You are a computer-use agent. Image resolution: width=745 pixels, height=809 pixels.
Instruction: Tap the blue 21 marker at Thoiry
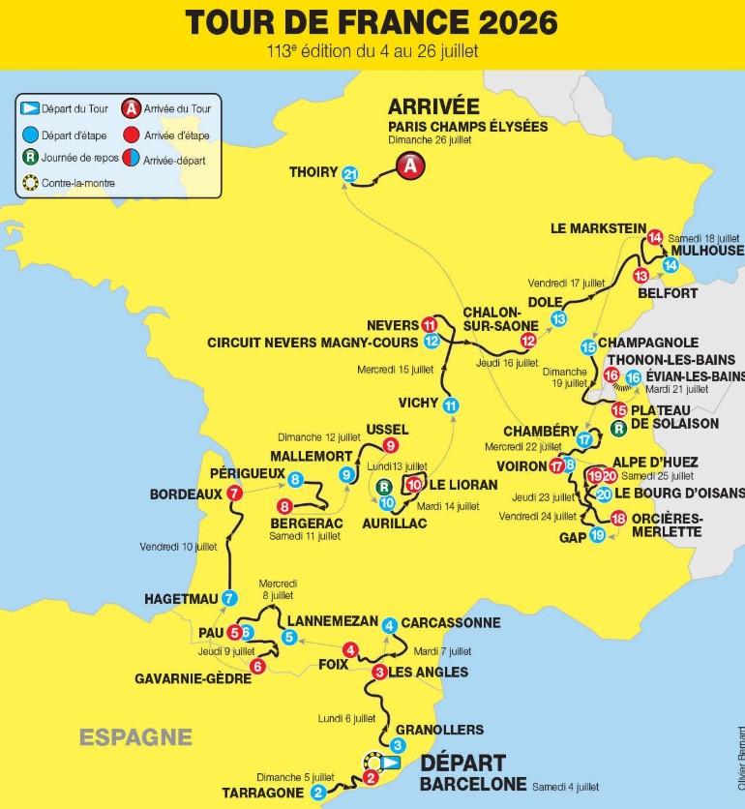click(351, 173)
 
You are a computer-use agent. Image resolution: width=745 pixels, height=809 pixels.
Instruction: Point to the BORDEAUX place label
click(186, 494)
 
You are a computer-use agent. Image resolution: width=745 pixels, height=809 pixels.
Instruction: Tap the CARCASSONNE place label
click(450, 622)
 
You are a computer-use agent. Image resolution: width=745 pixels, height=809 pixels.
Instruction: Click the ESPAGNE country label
click(135, 735)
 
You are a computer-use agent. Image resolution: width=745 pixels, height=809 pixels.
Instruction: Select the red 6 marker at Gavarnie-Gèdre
click(257, 666)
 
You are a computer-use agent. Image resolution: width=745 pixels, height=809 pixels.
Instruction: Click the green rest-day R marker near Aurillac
click(384, 487)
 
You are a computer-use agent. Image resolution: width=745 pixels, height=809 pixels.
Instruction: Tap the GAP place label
click(574, 536)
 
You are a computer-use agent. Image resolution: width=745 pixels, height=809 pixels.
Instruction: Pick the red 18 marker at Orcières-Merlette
click(618, 517)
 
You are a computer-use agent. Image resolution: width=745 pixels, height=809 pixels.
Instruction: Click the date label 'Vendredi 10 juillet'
click(178, 546)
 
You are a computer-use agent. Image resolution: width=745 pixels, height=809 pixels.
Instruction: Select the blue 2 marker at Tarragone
click(318, 793)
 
